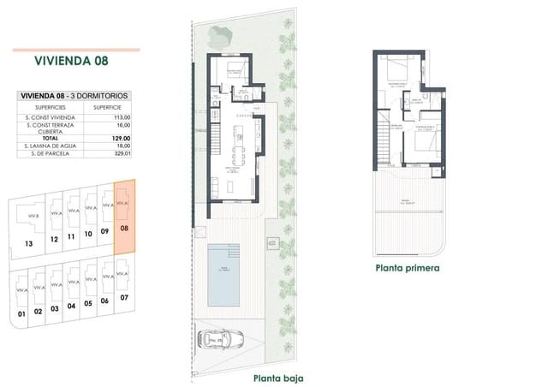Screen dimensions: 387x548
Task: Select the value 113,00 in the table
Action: point(121,116)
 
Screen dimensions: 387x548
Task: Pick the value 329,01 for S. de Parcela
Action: point(121,155)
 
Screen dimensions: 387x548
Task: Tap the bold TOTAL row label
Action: point(51,138)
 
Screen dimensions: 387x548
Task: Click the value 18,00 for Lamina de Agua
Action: point(121,146)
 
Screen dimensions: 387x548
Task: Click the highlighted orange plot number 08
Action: point(125,229)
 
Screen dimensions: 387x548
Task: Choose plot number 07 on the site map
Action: point(124,297)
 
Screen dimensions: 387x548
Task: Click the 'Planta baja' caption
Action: point(278,377)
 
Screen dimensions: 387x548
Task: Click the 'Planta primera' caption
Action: point(408,267)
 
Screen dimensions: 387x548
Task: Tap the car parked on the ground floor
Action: point(223,341)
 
